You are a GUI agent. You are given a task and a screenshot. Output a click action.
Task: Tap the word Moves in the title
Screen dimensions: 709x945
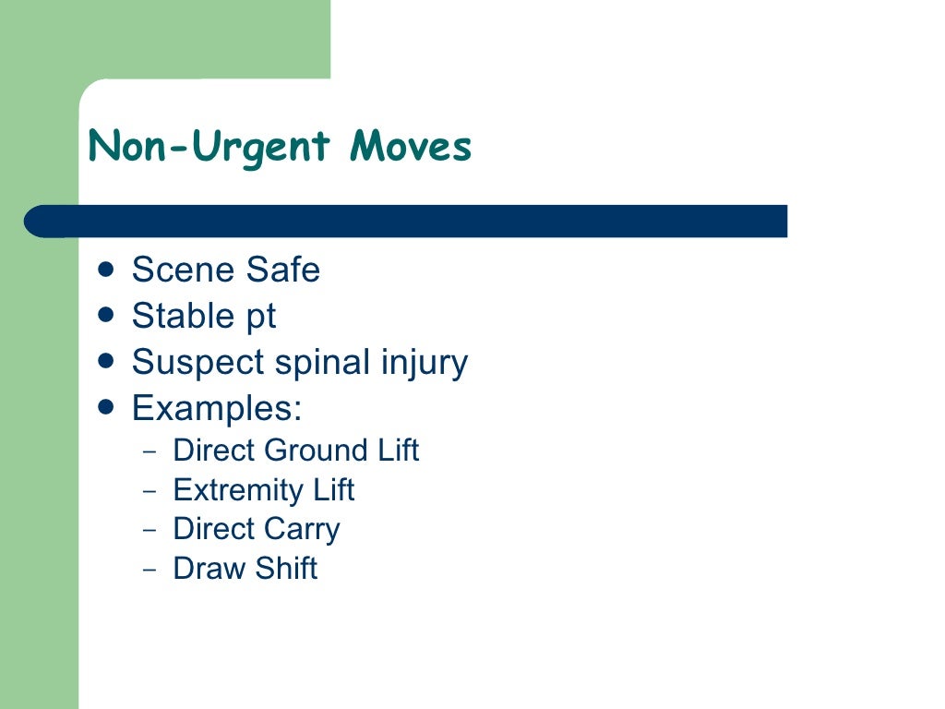[411, 147]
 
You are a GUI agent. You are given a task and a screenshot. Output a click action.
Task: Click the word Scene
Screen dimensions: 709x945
[184, 270]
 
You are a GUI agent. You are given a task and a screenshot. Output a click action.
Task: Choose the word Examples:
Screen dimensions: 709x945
[217, 407]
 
